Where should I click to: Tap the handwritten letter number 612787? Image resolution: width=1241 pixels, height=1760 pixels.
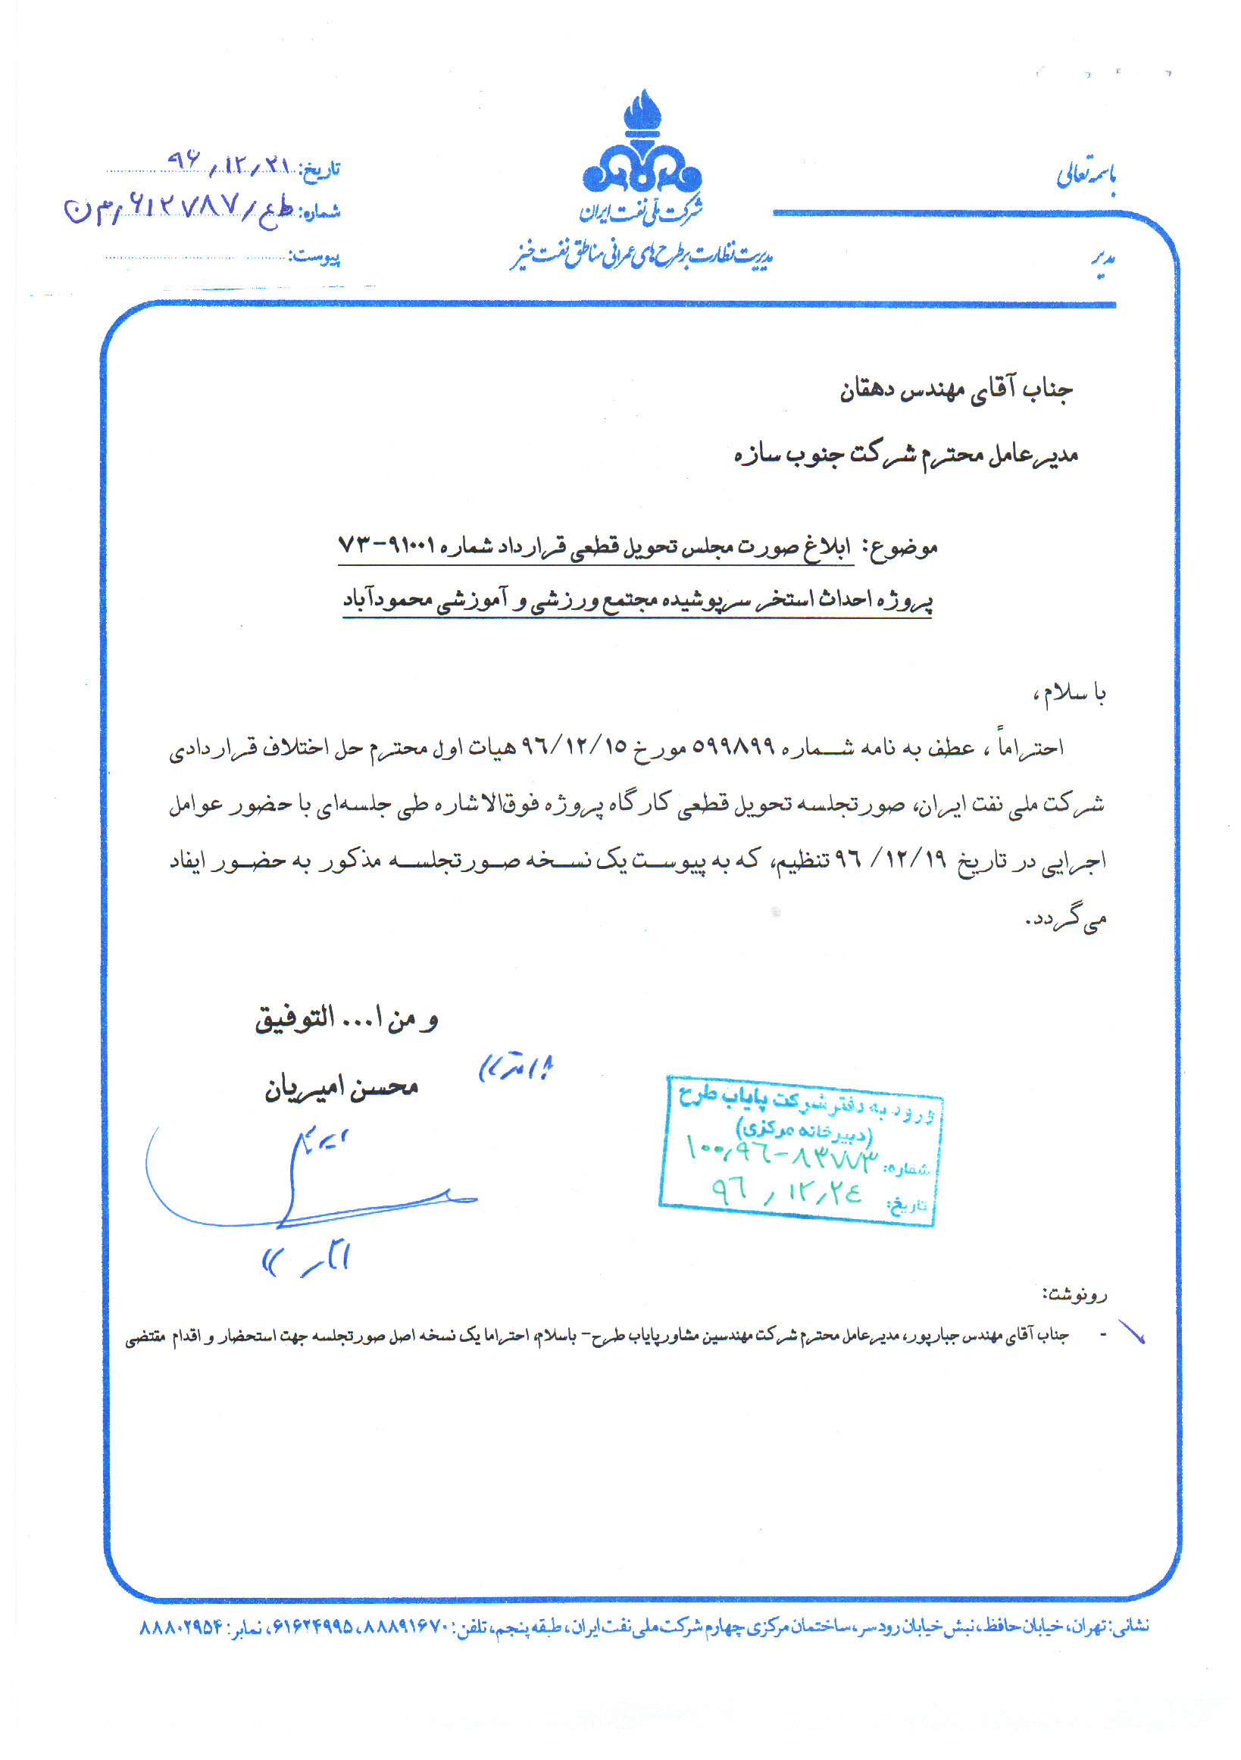pyautogui.click(x=184, y=205)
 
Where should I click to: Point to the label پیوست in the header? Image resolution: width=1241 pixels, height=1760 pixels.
pyautogui.click(x=314, y=257)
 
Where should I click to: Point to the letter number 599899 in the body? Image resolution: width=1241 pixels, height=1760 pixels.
pyautogui.click(x=733, y=746)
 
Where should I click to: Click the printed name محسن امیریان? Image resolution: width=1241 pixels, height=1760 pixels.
pyautogui.click(x=341, y=1088)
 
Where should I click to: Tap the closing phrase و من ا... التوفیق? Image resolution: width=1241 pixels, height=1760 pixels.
pyautogui.click(x=346, y=1019)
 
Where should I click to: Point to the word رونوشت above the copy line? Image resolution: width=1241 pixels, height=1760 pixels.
pyautogui.click(x=1074, y=1295)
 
